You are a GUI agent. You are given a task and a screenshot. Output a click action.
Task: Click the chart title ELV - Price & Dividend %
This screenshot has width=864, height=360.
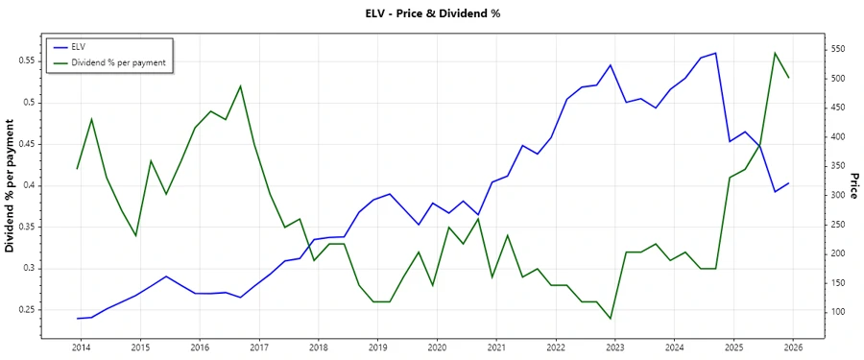(x=433, y=13)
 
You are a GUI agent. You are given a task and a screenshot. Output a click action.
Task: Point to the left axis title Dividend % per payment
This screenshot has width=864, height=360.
(x=11, y=186)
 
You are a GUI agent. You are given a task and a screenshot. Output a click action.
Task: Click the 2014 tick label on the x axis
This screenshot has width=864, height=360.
(x=81, y=347)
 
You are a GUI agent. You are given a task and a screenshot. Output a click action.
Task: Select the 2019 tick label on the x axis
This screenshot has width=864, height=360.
(x=377, y=347)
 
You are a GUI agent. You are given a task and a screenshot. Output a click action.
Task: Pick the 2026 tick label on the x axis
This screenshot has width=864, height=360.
(x=793, y=347)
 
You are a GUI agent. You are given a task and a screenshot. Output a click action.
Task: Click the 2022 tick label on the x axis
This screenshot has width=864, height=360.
(x=556, y=347)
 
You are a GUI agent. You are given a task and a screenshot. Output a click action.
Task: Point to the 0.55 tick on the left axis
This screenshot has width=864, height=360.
(x=27, y=60)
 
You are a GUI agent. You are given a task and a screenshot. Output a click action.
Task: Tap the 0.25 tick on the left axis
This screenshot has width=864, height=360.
(x=27, y=310)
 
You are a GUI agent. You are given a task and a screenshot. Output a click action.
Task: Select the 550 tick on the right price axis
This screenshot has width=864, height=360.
(x=838, y=48)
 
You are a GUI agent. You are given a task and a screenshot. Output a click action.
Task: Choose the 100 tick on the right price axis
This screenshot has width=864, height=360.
(x=838, y=312)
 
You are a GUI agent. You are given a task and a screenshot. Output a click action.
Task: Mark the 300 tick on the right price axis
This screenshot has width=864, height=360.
(x=838, y=195)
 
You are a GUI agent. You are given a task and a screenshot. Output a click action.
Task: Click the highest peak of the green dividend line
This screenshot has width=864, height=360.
(x=775, y=53)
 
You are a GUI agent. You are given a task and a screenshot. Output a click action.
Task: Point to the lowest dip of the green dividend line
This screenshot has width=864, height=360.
(x=611, y=319)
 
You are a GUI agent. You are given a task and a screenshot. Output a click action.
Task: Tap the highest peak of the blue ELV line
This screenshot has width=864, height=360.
(x=715, y=53)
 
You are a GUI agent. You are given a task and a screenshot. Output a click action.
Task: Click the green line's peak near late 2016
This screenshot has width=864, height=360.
(x=240, y=85)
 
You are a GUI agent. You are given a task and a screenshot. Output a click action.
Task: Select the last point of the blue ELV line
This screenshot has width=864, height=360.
(x=789, y=183)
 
